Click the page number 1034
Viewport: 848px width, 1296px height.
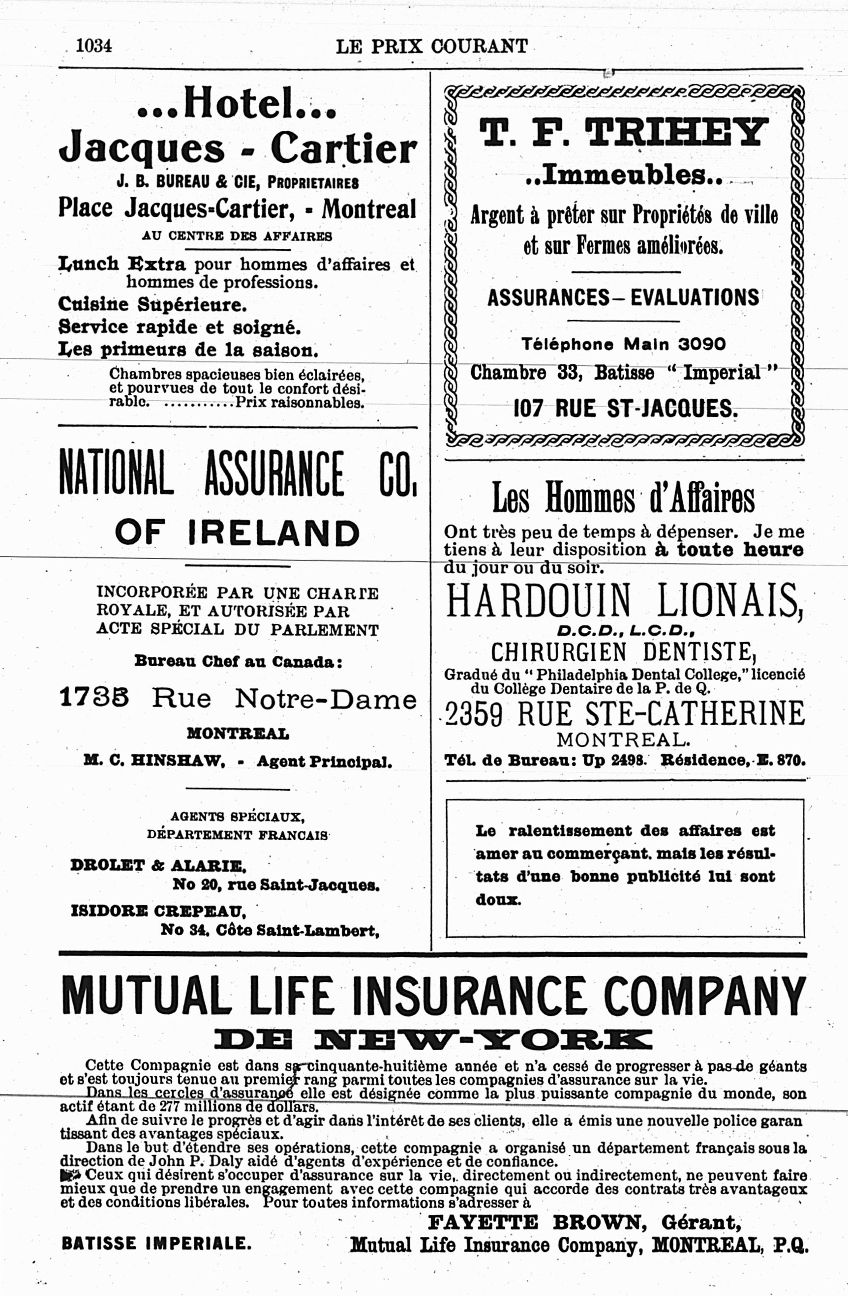(93, 45)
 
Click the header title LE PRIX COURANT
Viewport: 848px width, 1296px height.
(431, 46)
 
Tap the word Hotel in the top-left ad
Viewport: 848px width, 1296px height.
(237, 103)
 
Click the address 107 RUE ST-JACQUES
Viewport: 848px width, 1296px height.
(625, 409)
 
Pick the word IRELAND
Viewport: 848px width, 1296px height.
(273, 532)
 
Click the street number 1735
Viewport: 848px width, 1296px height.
(93, 698)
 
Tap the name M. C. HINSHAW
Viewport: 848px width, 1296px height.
(154, 761)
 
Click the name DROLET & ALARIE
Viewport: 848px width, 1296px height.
(158, 865)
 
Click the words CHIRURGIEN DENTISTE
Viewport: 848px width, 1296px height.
(623, 652)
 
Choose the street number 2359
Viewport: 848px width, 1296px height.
(473, 714)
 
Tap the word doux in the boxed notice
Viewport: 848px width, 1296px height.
(498, 900)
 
